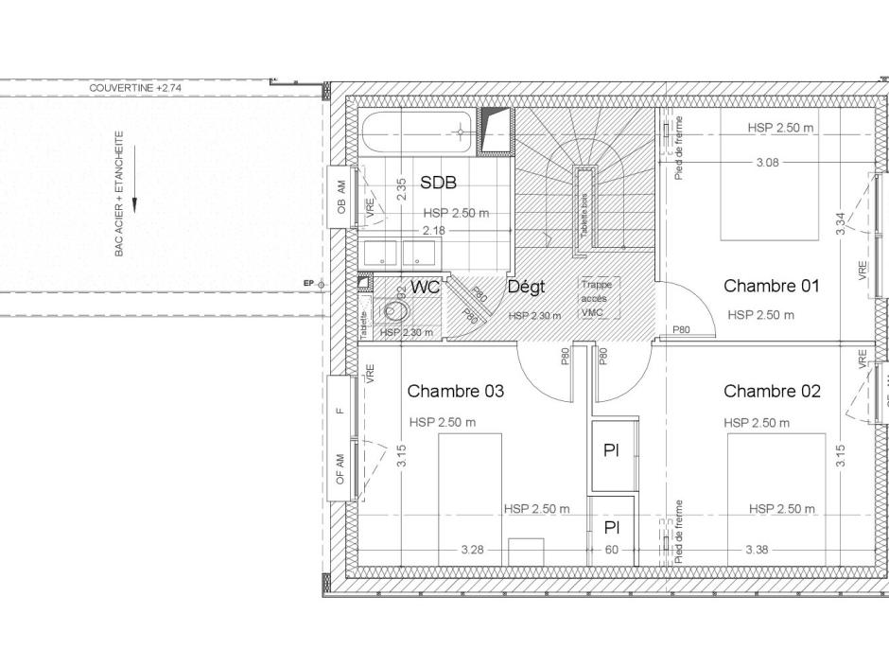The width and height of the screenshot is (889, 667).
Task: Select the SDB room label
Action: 438,183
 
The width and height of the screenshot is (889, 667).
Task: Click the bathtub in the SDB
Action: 416,133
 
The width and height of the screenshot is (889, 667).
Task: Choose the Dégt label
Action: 527,287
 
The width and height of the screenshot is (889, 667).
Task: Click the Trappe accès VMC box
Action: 600,297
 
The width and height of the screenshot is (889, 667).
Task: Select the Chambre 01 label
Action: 771,286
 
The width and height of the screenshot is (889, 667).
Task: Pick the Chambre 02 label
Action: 772,391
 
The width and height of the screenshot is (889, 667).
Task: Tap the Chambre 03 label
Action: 455,391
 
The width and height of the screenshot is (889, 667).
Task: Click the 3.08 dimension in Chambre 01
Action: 767,163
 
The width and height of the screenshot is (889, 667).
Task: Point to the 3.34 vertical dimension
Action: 841,223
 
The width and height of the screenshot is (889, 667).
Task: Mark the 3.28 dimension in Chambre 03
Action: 473,549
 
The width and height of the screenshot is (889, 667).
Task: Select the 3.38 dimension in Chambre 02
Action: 757,549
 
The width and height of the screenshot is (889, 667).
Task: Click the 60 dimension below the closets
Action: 612,549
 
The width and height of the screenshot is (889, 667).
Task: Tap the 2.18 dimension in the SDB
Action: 433,230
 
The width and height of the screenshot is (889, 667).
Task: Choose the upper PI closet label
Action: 611,451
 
